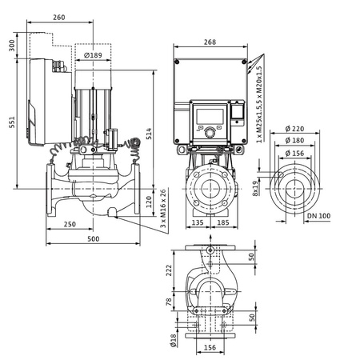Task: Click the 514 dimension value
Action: [x=149, y=134]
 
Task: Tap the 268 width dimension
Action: [x=210, y=42]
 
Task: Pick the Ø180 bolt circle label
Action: [x=295, y=141]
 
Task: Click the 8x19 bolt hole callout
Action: [x=255, y=188]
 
